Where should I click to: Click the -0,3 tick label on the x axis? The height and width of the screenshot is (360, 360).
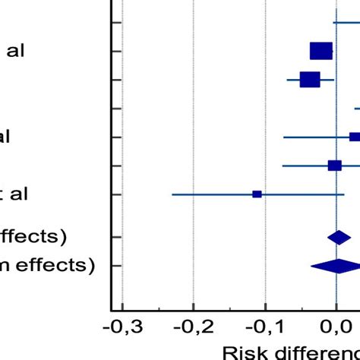122,328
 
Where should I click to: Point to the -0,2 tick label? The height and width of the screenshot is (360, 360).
193,328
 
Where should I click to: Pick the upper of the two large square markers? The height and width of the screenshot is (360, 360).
321,51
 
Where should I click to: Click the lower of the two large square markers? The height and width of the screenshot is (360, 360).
310,79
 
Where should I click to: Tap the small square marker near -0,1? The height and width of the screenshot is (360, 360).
257,194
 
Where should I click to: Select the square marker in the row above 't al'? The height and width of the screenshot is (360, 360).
334,166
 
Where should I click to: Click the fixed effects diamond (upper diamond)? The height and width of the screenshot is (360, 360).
339,238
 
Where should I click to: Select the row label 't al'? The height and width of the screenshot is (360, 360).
14,194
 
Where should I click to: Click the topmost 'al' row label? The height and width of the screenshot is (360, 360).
16,52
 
